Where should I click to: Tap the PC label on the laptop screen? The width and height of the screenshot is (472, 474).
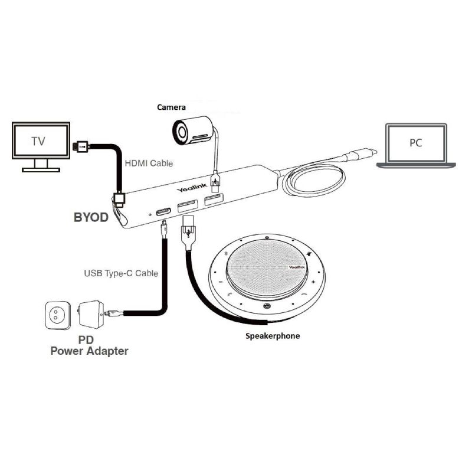pos(416,143)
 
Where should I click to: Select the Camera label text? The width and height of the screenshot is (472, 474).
pos(171,107)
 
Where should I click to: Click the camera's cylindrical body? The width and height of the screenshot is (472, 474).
pos(192,130)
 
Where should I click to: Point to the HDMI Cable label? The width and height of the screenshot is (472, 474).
pos(149,163)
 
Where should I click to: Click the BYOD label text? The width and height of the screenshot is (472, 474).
pos(91,217)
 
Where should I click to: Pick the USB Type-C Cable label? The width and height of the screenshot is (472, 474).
pos(121,273)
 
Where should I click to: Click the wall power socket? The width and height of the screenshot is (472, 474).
pos(58,315)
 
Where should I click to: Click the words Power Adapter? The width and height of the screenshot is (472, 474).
pos(89,351)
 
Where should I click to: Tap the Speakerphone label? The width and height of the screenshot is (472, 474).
pos(273,336)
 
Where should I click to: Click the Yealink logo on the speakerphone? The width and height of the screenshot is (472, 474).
pos(297,267)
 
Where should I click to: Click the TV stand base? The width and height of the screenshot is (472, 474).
pos(41,169)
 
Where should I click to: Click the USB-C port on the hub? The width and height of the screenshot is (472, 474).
pos(163,210)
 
